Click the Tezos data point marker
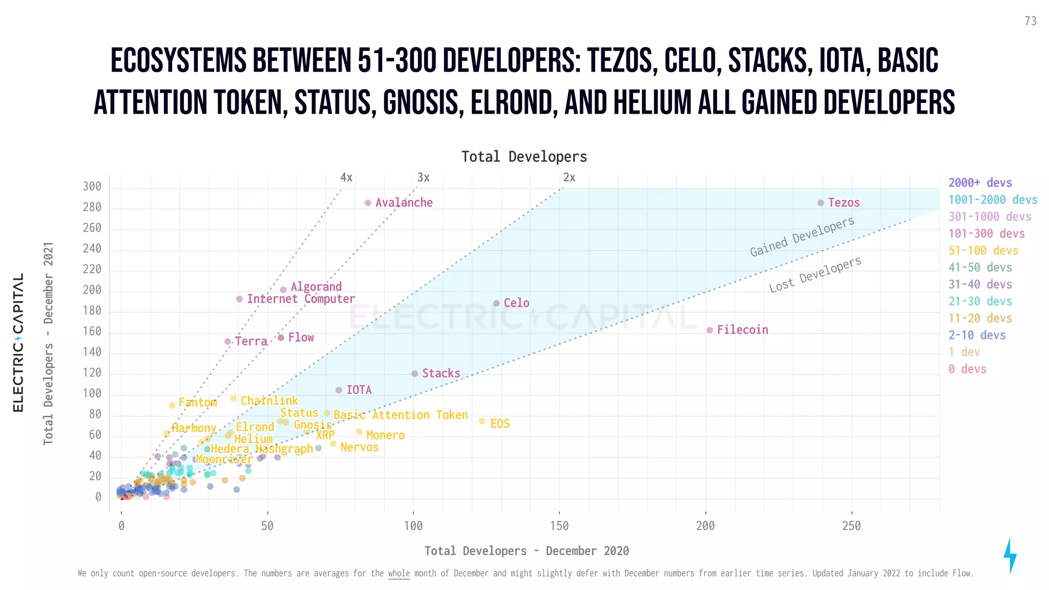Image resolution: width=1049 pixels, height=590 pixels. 821,203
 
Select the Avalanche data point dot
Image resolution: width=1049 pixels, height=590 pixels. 368,203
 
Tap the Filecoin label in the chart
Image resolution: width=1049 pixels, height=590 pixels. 742,330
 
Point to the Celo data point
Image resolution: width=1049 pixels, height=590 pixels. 496,303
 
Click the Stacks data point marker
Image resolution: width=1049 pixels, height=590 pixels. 415,373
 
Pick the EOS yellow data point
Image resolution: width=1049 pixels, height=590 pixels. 481,422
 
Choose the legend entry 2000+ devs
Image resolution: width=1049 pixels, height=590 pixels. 980,183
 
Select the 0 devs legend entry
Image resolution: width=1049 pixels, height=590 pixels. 967,369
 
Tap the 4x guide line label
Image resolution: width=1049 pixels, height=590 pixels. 346,178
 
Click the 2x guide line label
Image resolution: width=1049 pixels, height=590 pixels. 569,178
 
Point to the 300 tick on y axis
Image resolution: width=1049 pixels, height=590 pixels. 92,186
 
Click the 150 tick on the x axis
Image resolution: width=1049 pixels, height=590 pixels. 559,526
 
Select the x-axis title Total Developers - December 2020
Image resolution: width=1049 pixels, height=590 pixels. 527,551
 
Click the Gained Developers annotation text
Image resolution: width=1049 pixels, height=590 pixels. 802,236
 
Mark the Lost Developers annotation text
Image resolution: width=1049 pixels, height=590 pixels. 815,275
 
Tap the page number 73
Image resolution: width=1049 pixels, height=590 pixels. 1030,21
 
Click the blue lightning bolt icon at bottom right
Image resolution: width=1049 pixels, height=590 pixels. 1010,555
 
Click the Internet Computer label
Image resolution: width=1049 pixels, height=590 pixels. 301,299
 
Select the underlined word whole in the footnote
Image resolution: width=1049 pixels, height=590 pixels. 398,574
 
